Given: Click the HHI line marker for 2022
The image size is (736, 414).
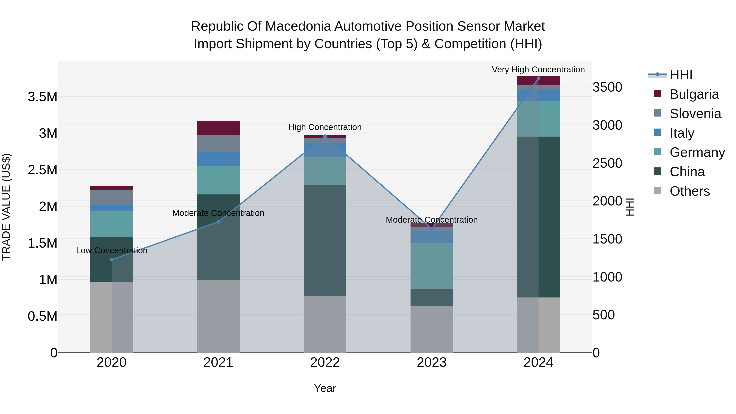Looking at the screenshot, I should tap(325, 136).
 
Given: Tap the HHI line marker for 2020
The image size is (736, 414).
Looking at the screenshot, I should tap(112, 260).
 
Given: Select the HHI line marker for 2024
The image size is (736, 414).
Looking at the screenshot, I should tap(538, 78).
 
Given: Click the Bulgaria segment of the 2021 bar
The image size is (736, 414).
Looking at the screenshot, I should tap(218, 128).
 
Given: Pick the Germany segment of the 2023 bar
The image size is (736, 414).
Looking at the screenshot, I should tap(432, 266).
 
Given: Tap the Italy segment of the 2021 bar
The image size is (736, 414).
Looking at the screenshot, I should tap(218, 159).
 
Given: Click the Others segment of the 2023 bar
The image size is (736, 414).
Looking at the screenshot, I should tap(432, 329).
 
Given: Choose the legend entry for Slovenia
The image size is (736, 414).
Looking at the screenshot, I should tap(695, 114).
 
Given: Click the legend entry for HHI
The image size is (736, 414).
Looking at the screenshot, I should tap(681, 75).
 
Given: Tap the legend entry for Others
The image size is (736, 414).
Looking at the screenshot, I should tap(689, 191).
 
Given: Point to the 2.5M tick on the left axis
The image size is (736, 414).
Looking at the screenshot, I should tap(43, 170).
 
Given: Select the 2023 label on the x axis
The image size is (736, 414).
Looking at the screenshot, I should tap(432, 362).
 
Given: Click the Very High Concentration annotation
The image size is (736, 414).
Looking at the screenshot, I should tap(538, 70).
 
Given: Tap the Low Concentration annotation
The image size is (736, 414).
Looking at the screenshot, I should tap(112, 251).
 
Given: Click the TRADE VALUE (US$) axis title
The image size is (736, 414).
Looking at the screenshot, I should tap(6, 207).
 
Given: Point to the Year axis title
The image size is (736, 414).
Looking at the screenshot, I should tap(325, 388).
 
